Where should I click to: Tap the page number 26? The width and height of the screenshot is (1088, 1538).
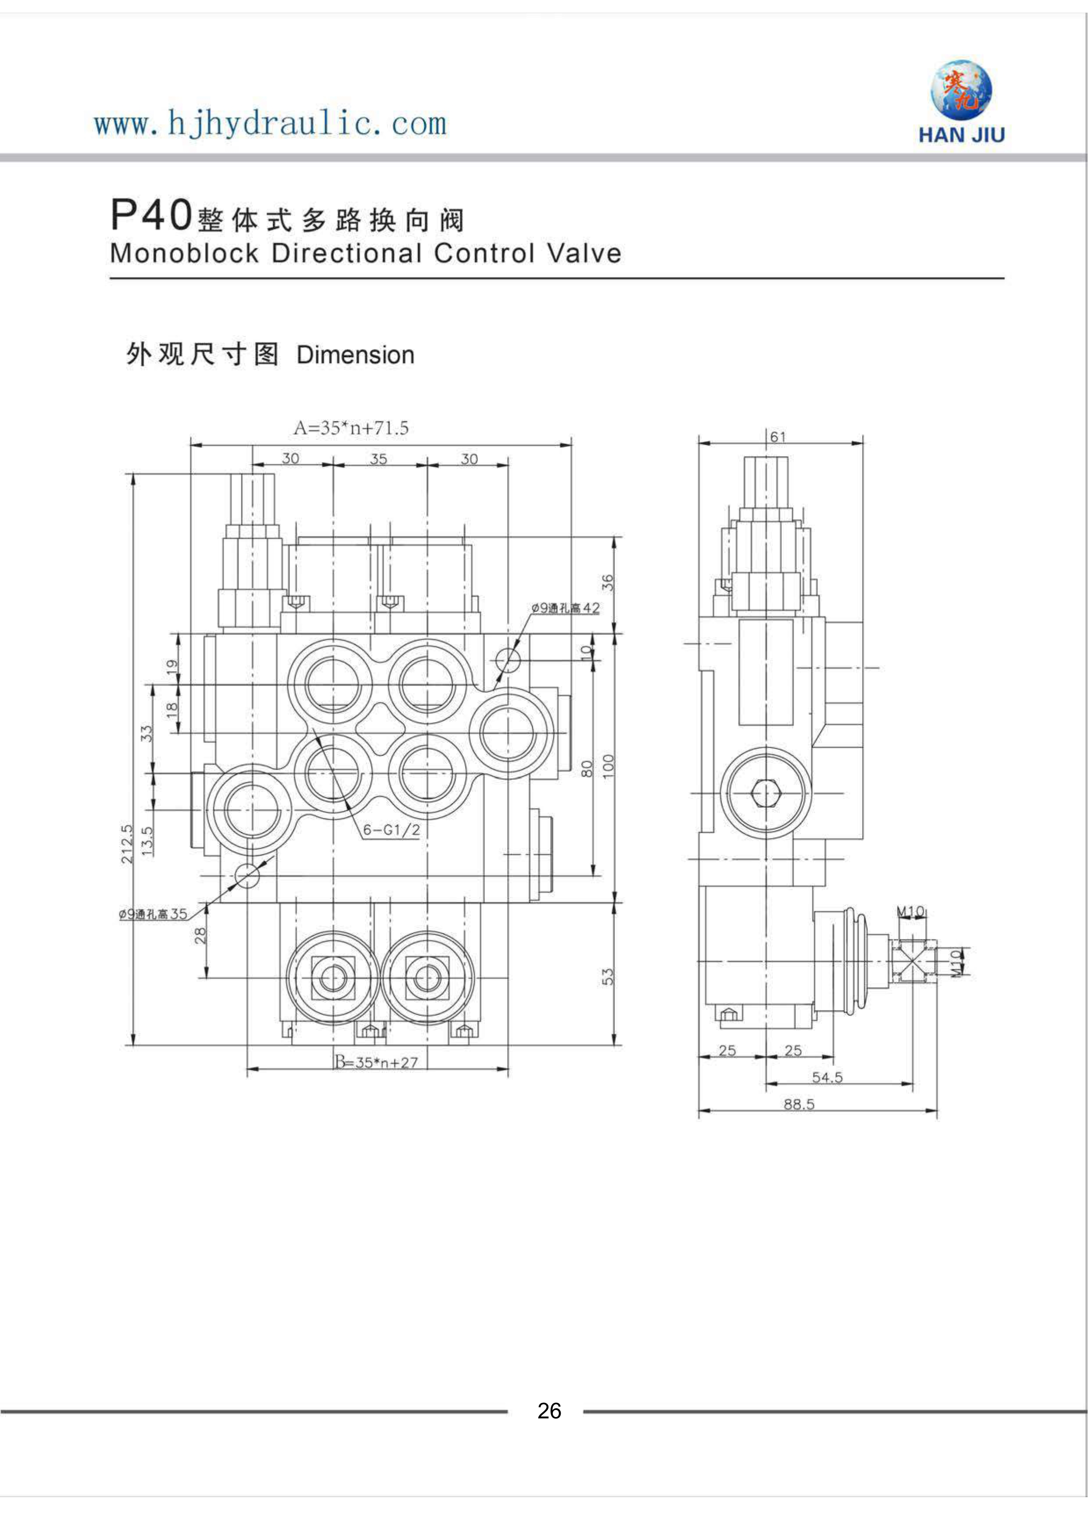point(549,1411)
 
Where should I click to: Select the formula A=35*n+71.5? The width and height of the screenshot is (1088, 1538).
point(351,428)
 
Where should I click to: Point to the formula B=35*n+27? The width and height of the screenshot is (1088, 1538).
point(376,1062)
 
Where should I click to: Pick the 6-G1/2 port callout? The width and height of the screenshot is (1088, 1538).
point(391,830)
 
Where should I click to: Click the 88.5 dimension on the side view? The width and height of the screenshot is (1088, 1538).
point(799,1104)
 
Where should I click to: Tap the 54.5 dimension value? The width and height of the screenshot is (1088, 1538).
point(827,1077)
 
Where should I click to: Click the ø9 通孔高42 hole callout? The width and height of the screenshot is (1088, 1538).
point(565,608)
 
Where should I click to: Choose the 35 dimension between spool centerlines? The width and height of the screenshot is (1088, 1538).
point(379,459)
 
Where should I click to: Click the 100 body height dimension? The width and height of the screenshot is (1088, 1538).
point(608,766)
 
